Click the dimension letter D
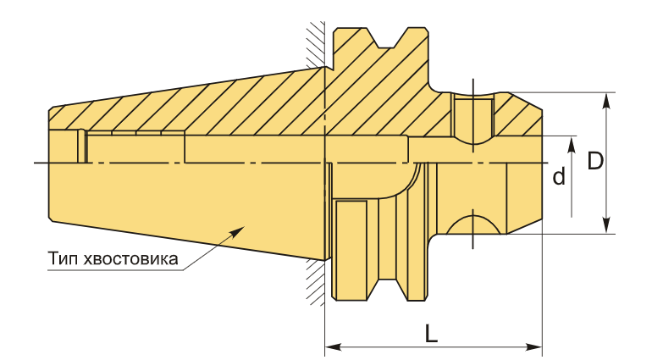(x=595, y=161)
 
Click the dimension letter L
(x=431, y=334)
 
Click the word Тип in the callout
(x=64, y=258)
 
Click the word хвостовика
(x=131, y=258)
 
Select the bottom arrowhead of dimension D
(x=606, y=225)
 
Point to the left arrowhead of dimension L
(x=333, y=347)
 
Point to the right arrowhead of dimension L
(x=533, y=347)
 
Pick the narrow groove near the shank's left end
(x=82, y=146)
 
